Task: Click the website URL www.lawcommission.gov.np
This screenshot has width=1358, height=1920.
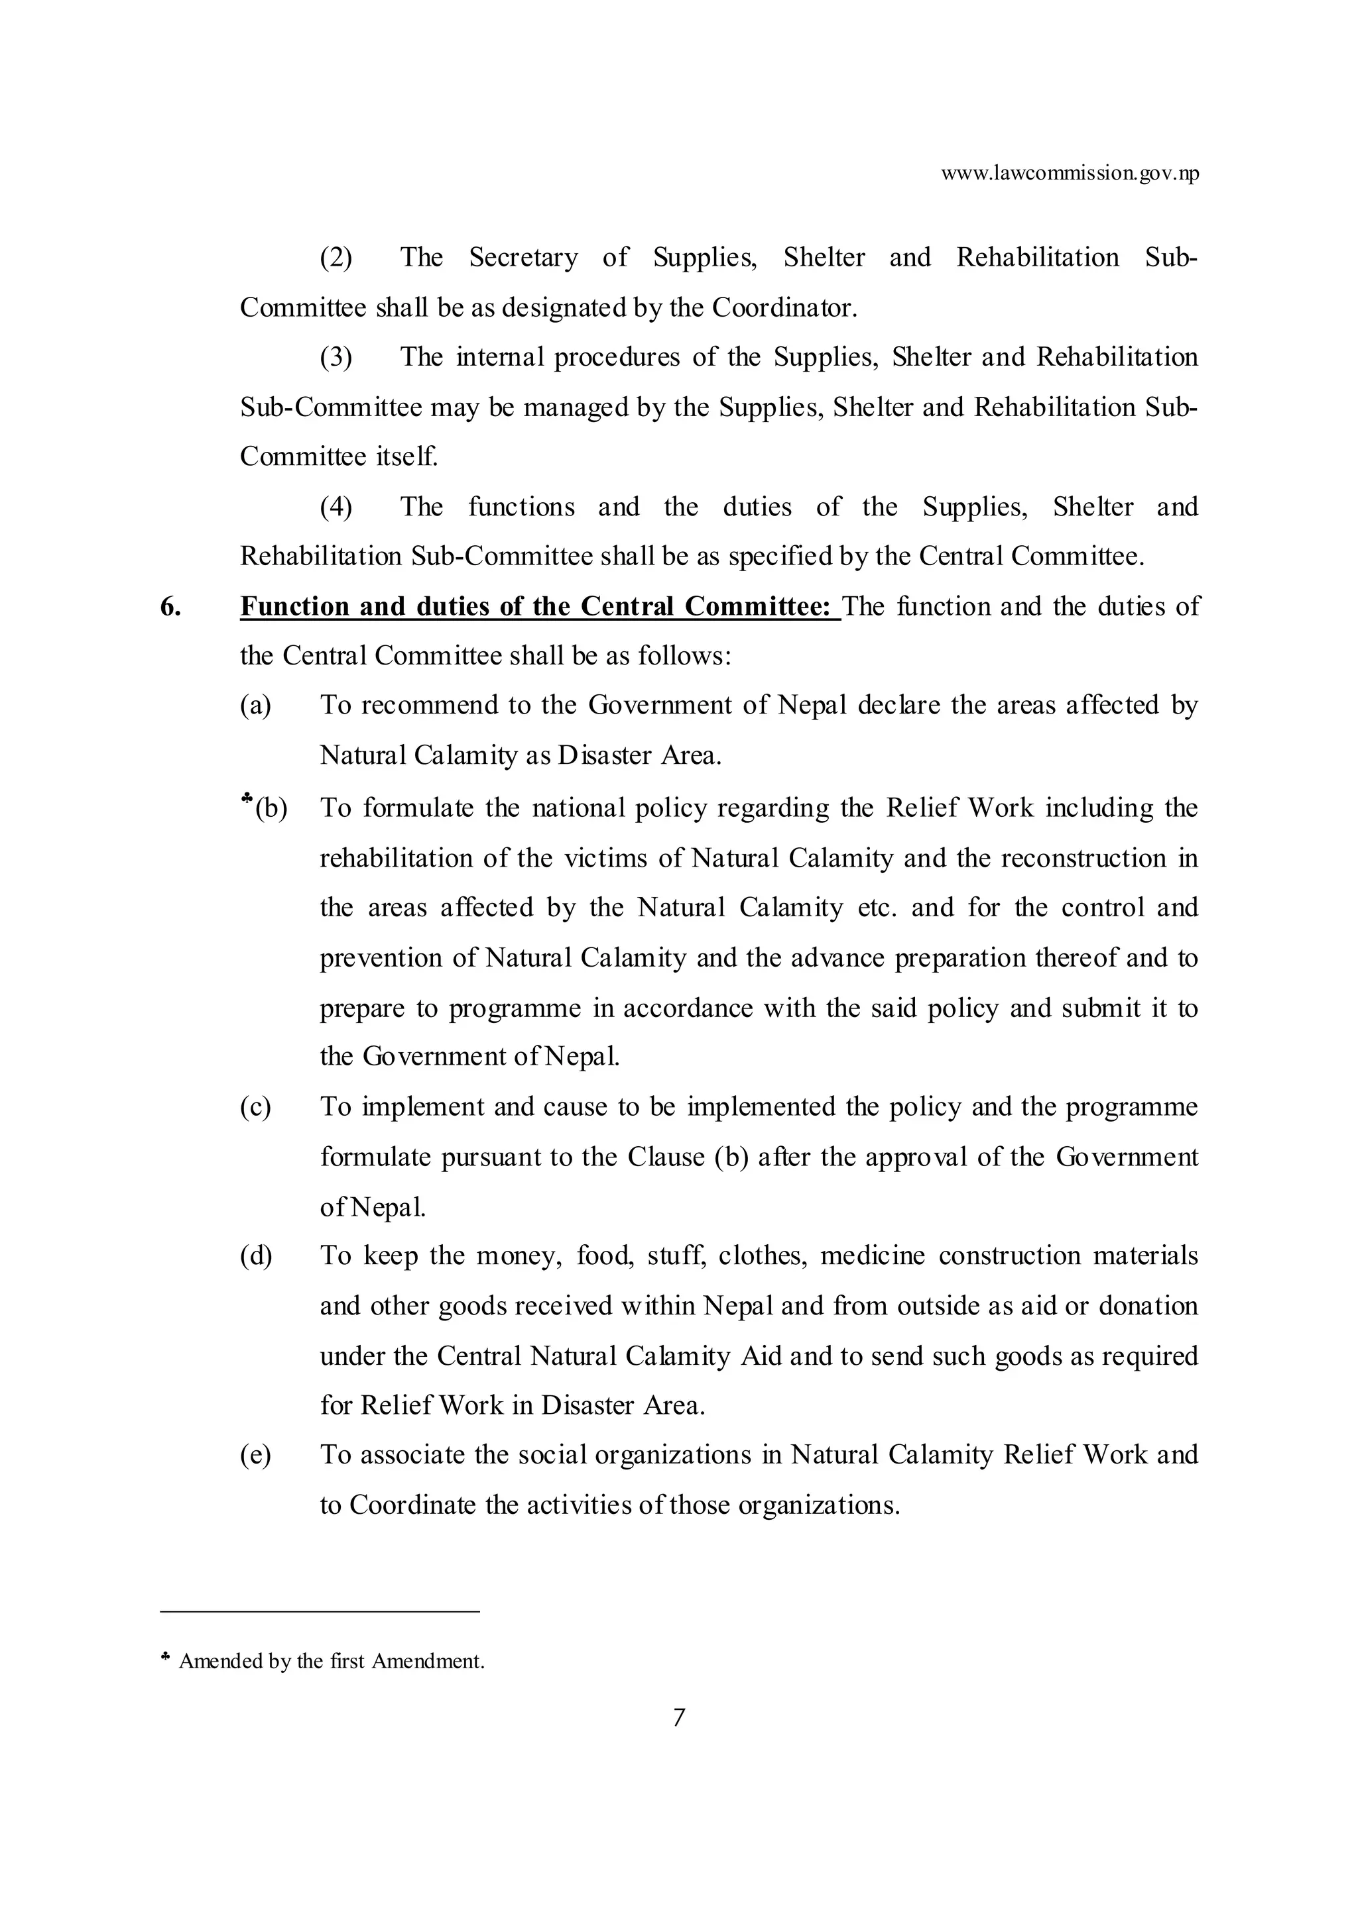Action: [1070, 174]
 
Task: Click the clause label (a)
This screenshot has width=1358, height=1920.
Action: [255, 706]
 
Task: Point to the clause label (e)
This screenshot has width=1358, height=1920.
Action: [255, 1455]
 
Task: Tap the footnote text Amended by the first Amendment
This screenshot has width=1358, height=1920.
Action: [332, 1661]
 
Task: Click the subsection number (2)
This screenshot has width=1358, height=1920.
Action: [336, 258]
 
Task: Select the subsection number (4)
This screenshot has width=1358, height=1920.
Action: [336, 507]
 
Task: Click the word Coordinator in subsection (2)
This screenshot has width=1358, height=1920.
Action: [784, 307]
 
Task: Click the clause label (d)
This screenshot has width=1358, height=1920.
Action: [256, 1256]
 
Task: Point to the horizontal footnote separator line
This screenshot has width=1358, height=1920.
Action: [320, 1611]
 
